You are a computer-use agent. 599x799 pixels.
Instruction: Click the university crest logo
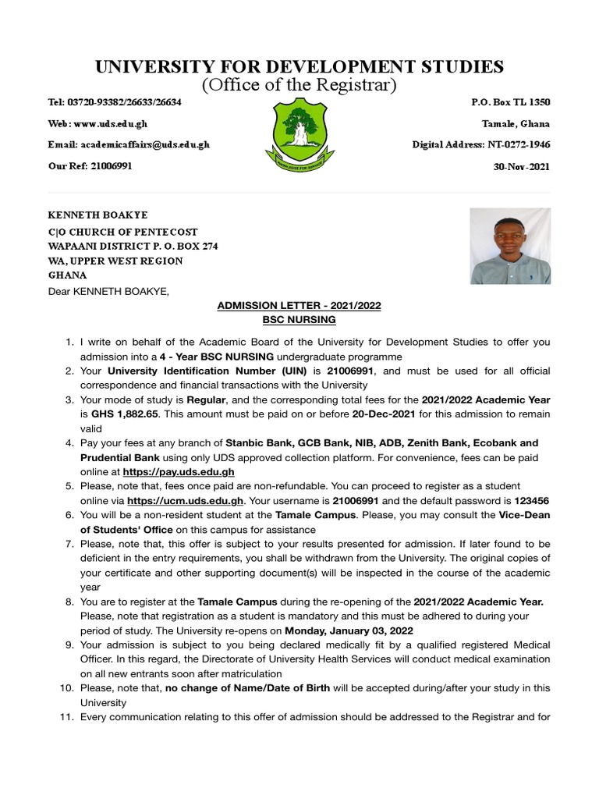point(299,138)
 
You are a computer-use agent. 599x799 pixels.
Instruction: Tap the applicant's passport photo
point(510,246)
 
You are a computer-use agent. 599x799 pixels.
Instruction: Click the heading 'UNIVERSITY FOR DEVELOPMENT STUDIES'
point(299,66)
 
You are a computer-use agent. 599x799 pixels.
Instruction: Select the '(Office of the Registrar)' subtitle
point(299,84)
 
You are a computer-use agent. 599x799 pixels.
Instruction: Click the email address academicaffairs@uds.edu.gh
point(129,144)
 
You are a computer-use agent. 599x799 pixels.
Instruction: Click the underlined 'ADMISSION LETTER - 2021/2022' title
point(299,306)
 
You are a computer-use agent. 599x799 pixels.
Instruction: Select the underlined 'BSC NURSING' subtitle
point(299,320)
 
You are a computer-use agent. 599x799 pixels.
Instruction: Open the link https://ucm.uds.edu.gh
point(186,500)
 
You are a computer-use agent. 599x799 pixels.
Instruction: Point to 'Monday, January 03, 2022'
point(349,630)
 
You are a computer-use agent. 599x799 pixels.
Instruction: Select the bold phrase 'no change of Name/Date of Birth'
point(246,688)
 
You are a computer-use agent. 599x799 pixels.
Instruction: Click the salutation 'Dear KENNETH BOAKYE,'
point(108,291)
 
